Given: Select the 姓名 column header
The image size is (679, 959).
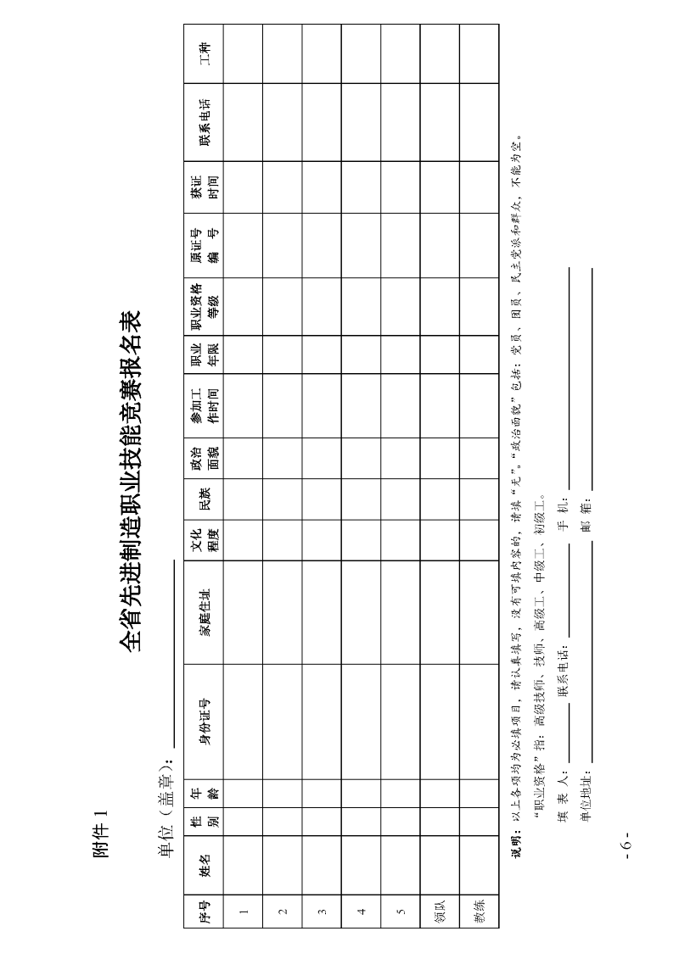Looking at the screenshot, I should pos(205,864).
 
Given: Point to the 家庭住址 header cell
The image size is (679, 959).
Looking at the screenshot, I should pos(205,612).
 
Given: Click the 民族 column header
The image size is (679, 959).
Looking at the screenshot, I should pos(205,499).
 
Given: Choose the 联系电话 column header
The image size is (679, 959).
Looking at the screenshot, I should pos(205,123).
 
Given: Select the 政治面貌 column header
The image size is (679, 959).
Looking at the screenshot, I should pos(205,458).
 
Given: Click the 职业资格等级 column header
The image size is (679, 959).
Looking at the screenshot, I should pos(205,307).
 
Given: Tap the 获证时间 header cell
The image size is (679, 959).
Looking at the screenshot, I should pos(205,187).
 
